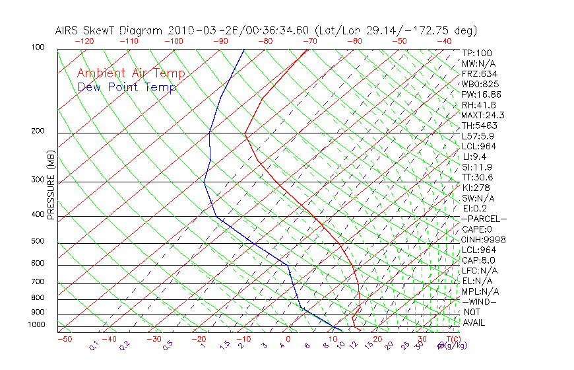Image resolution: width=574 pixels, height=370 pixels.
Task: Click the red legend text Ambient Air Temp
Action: click(131, 73)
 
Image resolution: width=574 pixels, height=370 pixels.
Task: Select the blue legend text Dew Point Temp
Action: click(127, 87)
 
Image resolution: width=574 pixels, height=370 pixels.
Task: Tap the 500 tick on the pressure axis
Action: click(38, 241)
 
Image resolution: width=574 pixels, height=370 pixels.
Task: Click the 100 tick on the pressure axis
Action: click(38, 48)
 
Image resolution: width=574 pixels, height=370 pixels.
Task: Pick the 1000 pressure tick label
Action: click(37, 325)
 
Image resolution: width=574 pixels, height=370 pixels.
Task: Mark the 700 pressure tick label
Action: click(38, 282)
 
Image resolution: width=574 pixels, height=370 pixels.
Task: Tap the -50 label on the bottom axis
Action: click(64, 339)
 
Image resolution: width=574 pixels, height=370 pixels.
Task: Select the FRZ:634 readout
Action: click(480, 74)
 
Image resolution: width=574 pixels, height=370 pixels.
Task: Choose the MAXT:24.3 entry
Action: click(483, 115)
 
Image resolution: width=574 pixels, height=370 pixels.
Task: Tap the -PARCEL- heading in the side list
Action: click(484, 219)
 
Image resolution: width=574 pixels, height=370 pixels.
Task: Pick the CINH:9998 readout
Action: click(484, 239)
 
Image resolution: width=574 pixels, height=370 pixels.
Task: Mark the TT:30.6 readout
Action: click(478, 177)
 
